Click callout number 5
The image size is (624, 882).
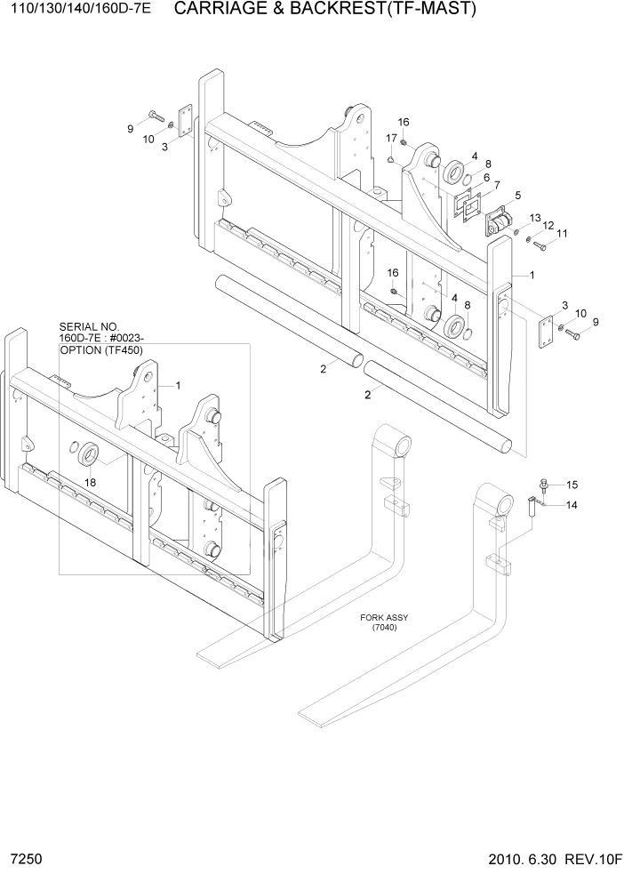point(518,195)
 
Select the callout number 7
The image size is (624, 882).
point(496,185)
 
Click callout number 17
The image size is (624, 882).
point(391,138)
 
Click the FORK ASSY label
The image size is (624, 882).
point(384,617)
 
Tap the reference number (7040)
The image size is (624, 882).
point(384,628)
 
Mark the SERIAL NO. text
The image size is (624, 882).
point(90,326)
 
